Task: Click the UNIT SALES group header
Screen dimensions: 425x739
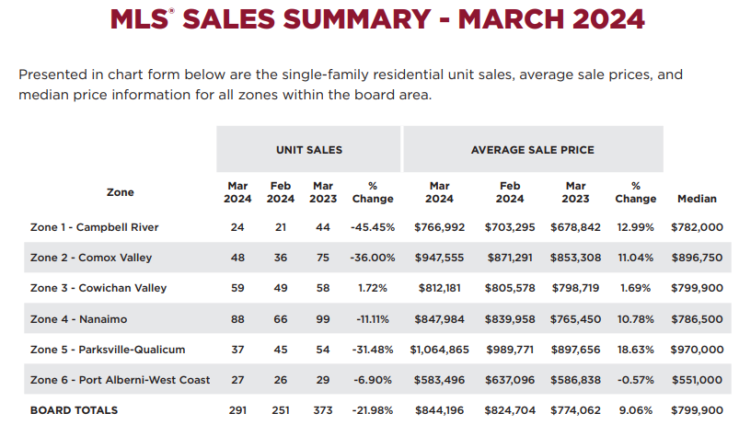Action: click(308, 149)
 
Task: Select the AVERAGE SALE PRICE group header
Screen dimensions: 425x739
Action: click(532, 149)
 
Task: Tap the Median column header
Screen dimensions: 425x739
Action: click(697, 199)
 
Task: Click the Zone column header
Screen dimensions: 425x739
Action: click(120, 192)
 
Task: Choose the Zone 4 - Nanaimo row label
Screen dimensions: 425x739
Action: click(80, 319)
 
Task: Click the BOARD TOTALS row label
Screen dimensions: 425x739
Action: click(75, 410)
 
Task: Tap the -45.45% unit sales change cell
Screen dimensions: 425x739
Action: click(373, 227)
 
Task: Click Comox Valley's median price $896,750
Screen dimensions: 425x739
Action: click(697, 258)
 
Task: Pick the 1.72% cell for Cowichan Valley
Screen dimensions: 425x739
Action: click(373, 288)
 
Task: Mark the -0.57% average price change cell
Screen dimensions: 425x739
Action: click(636, 380)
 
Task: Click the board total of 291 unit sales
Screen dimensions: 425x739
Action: click(237, 410)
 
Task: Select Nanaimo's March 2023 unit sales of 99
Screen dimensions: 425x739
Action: click(322, 319)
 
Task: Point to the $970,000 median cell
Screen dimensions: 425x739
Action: click(697, 350)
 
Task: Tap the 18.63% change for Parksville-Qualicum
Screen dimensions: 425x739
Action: click(636, 350)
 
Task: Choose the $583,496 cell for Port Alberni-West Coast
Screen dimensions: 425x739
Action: click(439, 380)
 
